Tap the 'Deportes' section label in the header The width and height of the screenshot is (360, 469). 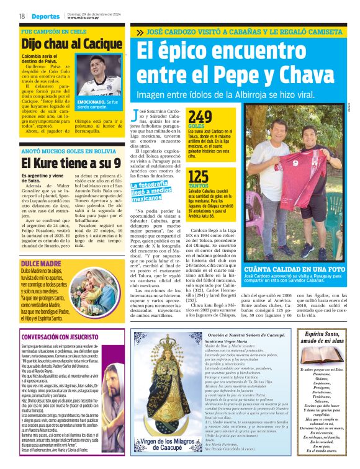46,16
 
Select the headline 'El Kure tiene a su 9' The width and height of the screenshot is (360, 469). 63,164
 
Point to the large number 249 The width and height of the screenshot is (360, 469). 200,117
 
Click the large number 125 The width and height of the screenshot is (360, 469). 199,177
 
